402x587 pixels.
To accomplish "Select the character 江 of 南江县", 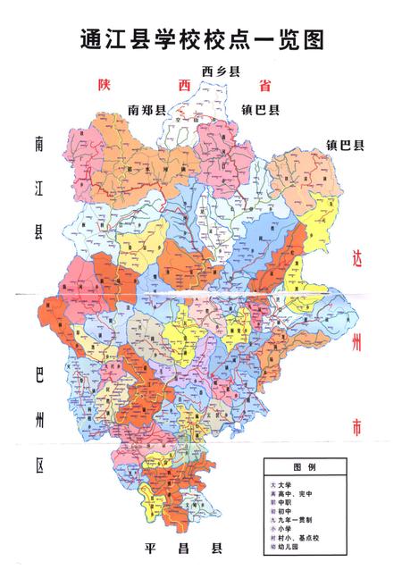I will click(x=39, y=189).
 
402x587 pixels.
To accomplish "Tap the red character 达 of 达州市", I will click(x=356, y=260).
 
